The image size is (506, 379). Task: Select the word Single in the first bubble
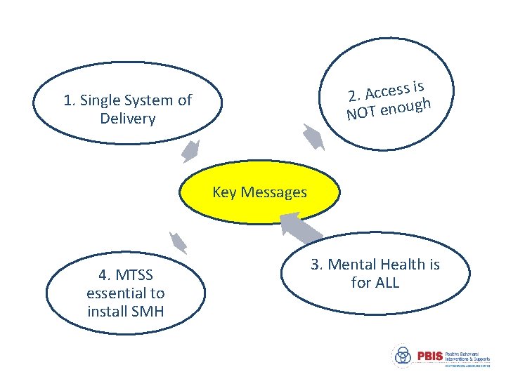point(102,100)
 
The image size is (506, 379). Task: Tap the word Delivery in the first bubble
point(127,118)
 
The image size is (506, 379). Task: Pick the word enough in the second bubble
point(404,106)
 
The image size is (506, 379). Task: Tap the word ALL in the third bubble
point(387,282)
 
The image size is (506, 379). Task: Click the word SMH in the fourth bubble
point(145,310)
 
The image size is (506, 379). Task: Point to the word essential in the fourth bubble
point(117,293)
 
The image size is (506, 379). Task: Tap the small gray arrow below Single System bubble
point(190,150)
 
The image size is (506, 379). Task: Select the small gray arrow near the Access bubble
point(313,136)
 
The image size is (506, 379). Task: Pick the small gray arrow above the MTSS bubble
point(178,242)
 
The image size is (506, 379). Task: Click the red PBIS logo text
point(429,356)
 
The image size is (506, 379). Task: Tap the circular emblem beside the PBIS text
point(403,356)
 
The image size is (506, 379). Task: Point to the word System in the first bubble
point(148,100)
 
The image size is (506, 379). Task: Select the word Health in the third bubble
point(403,265)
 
